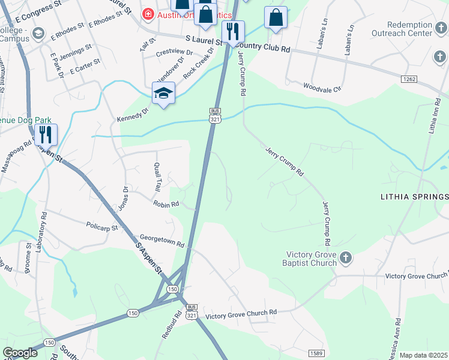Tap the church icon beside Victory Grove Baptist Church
[345, 259]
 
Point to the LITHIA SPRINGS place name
[415, 197]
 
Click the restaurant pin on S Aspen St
[46, 136]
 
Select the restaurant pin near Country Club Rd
[233, 32]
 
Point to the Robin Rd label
[166, 204]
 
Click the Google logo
[20, 353]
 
